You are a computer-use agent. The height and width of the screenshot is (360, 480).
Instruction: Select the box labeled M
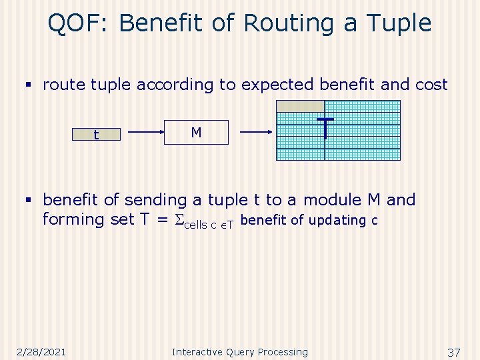197,133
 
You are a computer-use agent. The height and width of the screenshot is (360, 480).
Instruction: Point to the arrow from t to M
147,133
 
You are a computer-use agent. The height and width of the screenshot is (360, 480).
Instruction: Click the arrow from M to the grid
256,133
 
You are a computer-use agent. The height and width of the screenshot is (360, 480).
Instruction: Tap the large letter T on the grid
325,128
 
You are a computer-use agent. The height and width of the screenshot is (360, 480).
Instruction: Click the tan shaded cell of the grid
300,106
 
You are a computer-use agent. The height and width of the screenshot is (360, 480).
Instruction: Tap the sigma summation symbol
177,220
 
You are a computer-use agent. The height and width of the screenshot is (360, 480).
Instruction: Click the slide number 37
454,351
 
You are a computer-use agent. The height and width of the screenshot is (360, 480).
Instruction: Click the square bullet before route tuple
28,85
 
